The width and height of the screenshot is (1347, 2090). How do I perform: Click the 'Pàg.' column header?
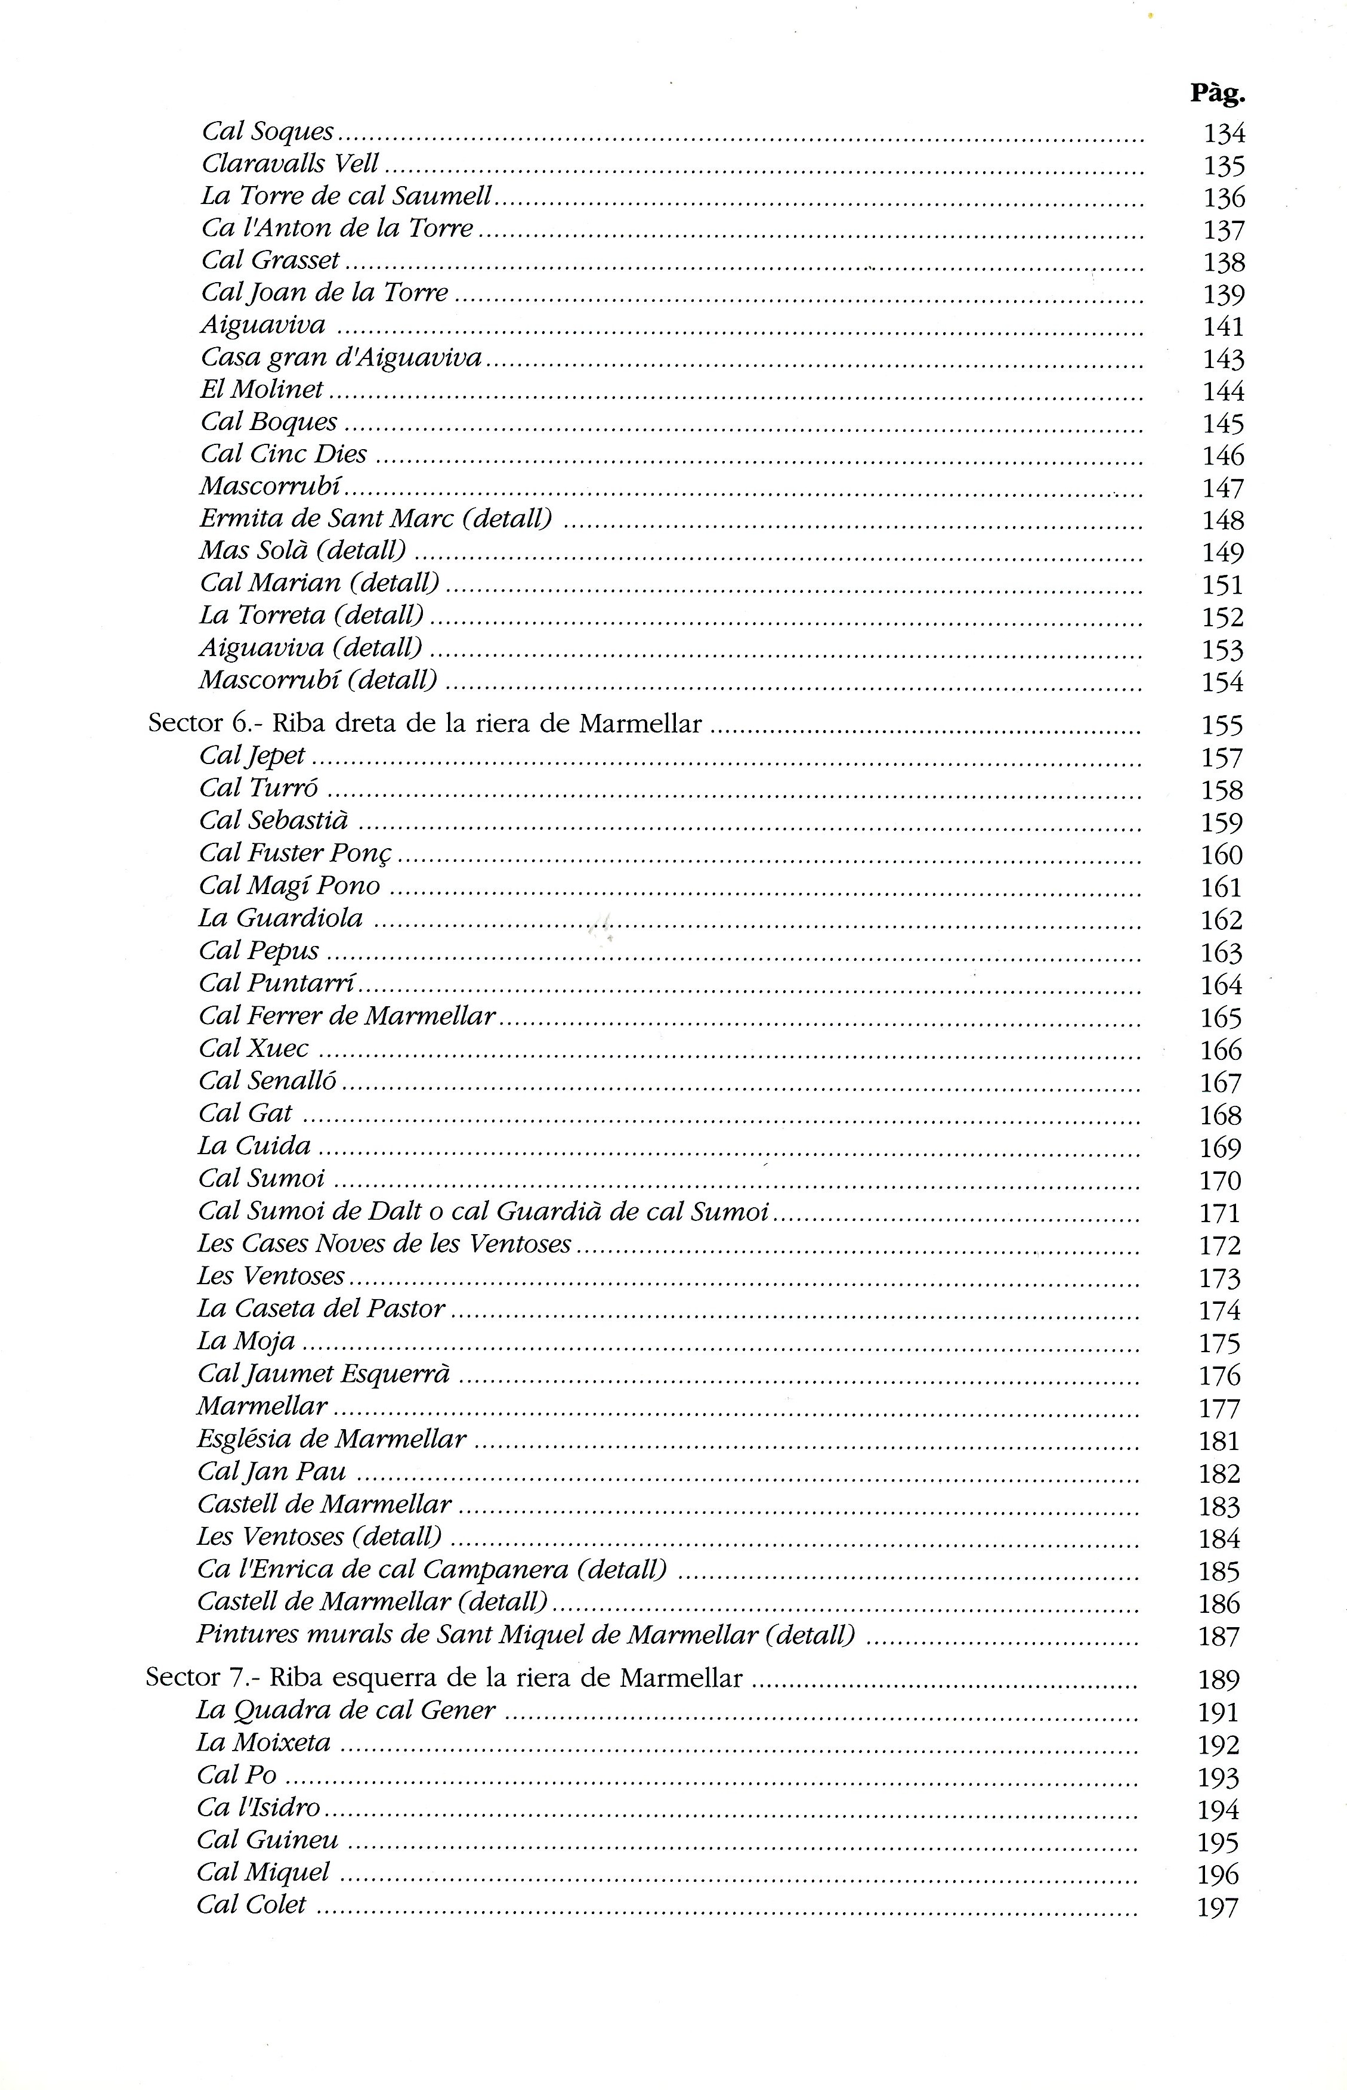1217,94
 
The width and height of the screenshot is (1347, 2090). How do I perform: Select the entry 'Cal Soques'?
268,131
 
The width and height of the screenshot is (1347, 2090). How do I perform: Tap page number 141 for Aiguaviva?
1223,326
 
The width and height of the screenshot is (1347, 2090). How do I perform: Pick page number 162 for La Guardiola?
1221,920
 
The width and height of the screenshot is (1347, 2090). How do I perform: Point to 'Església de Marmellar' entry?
332,1439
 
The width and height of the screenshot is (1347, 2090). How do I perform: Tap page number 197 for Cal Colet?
1218,1907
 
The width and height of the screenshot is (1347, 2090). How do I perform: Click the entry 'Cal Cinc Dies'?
283,454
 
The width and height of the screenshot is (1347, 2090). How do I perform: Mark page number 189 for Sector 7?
1218,1679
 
